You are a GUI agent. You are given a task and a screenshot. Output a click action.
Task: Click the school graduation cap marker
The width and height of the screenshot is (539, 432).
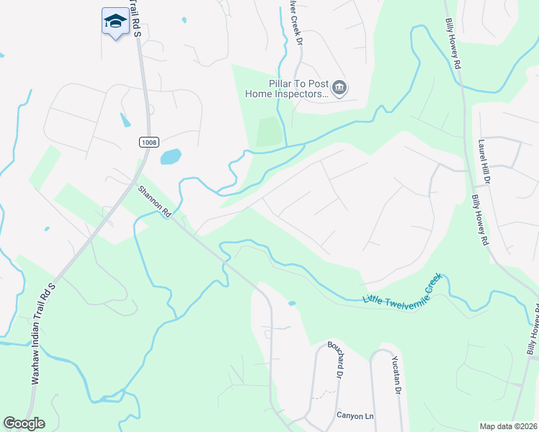tap(115, 22)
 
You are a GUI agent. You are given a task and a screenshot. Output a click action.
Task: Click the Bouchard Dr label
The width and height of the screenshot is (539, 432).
tap(334, 360)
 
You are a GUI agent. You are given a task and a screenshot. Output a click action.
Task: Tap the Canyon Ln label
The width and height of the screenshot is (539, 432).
tap(355, 415)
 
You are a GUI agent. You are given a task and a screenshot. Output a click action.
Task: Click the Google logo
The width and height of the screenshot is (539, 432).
tap(24, 423)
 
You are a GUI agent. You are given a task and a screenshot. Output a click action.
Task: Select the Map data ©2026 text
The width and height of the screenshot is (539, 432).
tap(508, 426)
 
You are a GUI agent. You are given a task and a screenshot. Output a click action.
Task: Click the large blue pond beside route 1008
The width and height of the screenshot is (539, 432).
tap(171, 156)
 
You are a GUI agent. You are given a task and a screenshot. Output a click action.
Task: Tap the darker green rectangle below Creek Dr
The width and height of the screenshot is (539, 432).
tap(267, 132)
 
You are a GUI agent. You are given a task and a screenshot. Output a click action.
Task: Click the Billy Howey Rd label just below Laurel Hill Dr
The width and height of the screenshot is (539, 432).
tap(481, 220)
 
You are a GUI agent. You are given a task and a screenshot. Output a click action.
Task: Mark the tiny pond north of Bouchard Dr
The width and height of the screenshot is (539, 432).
tap(292, 303)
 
